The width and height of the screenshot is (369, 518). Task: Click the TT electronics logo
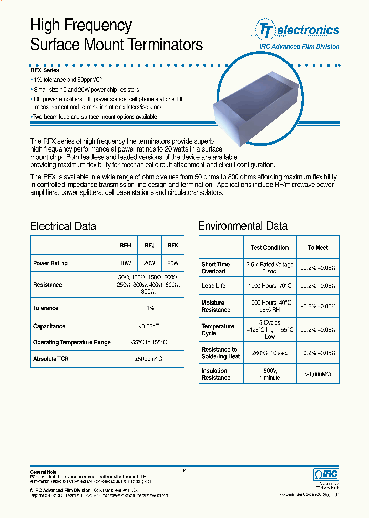point(296,30)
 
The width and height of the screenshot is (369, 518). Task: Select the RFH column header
point(125,246)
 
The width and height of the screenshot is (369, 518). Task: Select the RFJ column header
point(149,246)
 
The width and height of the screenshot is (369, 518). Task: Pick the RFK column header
point(173,246)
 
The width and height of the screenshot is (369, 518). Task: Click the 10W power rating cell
point(125,263)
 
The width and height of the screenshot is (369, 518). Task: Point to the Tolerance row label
point(46,308)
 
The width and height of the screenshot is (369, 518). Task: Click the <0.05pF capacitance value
point(149,326)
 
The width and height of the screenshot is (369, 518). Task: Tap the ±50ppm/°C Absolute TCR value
point(149,359)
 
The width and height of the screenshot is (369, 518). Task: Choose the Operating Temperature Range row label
point(72,342)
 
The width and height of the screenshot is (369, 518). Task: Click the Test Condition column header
point(270,248)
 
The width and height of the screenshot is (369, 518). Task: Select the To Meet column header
point(318,248)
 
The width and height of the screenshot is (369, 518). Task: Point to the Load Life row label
point(214,286)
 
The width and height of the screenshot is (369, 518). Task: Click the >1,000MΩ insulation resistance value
point(318,374)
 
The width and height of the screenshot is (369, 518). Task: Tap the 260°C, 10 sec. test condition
point(270,353)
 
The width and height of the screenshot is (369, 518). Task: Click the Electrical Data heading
point(63,226)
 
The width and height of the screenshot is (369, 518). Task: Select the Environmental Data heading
point(242,226)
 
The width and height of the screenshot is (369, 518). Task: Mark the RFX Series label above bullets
point(45,70)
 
